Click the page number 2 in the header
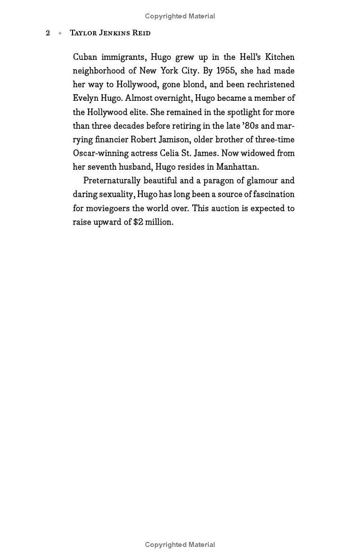click(48, 33)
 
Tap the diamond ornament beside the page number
click(60, 33)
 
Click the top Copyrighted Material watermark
click(180, 16)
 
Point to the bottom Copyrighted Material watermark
click(180, 545)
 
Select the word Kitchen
click(279, 57)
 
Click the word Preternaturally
click(112, 181)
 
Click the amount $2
click(138, 222)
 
